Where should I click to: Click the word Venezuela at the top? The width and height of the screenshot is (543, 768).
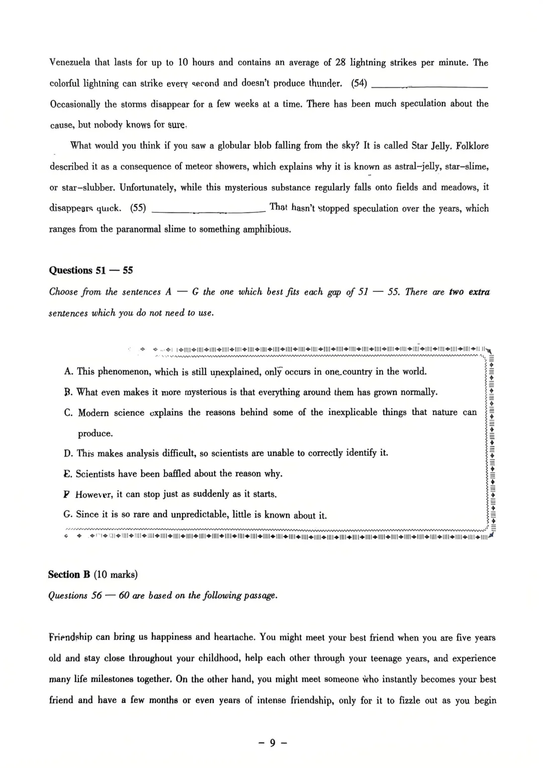point(70,63)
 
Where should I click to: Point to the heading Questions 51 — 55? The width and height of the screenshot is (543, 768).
point(91,270)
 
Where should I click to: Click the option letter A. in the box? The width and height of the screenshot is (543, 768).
point(69,372)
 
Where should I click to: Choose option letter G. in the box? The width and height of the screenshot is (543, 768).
point(68,514)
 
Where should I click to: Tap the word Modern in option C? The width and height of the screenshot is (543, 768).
point(93,413)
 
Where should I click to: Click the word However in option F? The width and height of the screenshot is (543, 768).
point(95,494)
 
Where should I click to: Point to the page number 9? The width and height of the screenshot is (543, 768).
point(272,743)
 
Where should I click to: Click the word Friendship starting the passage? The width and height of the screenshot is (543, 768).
point(71,637)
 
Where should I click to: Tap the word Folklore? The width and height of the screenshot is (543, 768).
point(472,146)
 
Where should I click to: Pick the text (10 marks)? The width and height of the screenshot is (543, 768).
point(116,575)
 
